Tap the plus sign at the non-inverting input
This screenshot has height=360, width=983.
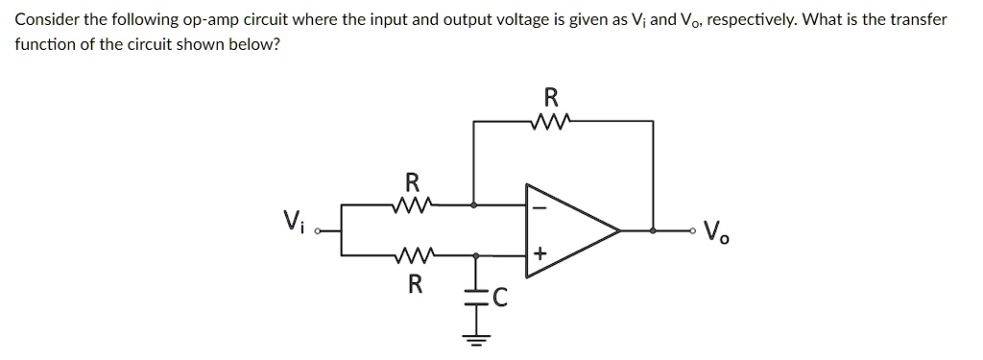point(539,254)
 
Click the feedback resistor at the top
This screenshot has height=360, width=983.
point(549,121)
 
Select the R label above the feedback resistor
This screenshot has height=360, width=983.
point(550,97)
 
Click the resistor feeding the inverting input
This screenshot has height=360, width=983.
point(413,204)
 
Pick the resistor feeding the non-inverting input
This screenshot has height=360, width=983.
point(413,255)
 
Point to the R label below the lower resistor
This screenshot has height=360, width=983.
point(414,283)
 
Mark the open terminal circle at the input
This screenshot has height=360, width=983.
point(320,231)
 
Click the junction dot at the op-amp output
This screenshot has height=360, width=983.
point(654,230)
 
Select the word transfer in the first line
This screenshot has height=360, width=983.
point(922,19)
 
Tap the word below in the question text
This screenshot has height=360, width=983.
point(259,44)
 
